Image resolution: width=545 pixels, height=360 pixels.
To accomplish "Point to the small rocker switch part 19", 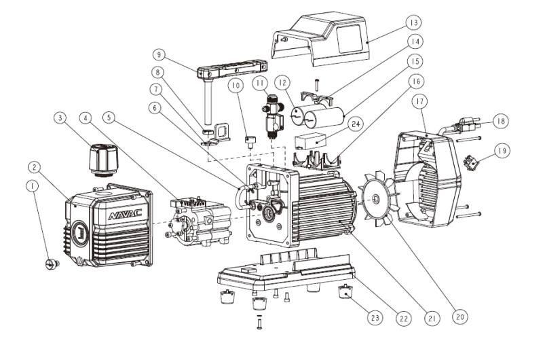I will (468, 163).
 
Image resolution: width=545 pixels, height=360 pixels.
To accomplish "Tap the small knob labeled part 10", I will (249, 142).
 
